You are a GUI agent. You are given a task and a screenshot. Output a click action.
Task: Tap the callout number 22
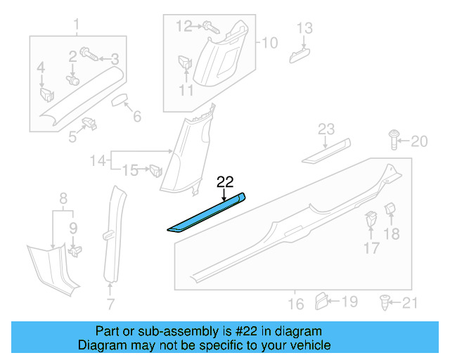pos(225,181)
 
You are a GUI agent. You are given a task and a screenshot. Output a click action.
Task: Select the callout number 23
pos(326,129)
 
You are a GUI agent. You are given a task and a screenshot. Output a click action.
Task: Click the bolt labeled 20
pos(393,141)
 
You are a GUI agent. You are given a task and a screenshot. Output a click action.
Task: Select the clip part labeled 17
pos(369,222)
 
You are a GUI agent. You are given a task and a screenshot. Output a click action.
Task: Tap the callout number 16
pos(296,304)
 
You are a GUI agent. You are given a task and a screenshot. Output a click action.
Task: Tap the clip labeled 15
pos(155,169)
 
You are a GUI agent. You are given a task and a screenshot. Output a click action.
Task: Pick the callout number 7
pos(110,304)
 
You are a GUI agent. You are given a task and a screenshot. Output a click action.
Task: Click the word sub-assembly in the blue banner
pos(157,331)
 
